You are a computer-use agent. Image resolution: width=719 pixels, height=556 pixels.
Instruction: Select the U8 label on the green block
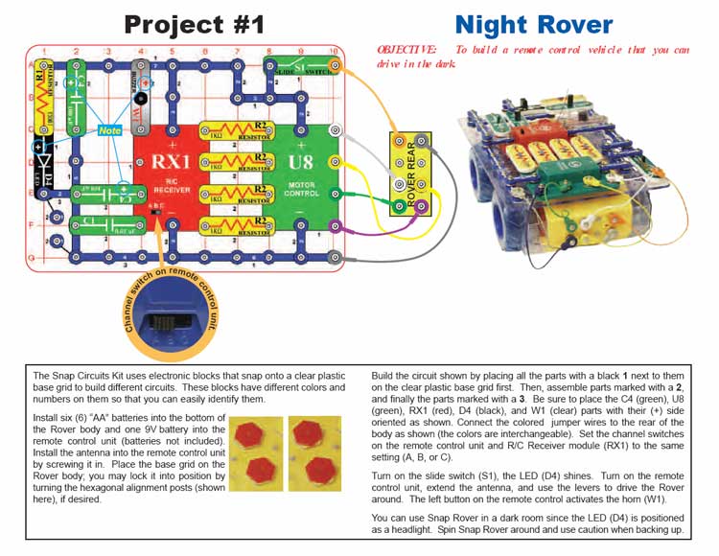pyautogui.click(x=299, y=162)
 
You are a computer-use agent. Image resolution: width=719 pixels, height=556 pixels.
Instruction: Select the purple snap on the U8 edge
pyautogui.click(x=333, y=226)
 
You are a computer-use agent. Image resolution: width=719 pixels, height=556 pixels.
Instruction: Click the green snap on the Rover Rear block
pyautogui.click(x=399, y=204)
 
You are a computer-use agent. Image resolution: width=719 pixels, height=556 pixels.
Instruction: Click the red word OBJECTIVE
pyautogui.click(x=407, y=49)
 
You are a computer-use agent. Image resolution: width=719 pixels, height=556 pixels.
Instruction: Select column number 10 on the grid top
pyautogui.click(x=332, y=49)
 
